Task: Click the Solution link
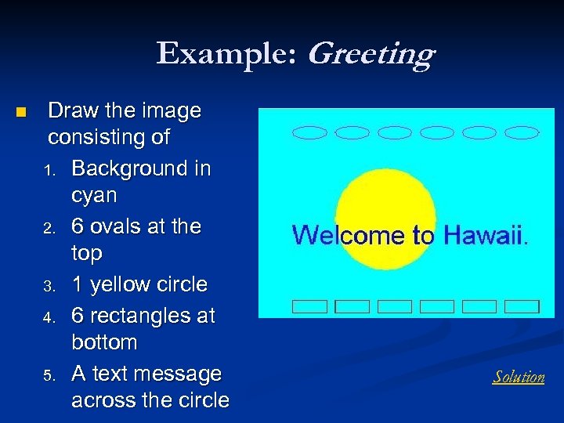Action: click(x=519, y=377)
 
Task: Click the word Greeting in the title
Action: click(x=371, y=54)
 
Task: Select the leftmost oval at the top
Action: click(x=309, y=132)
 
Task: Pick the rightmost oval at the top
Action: click(x=522, y=132)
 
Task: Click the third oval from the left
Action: click(x=394, y=132)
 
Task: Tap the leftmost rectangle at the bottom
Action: click(x=309, y=306)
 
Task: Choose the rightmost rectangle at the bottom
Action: click(x=522, y=306)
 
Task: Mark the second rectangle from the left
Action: click(x=352, y=306)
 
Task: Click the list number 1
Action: click(x=50, y=170)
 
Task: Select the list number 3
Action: click(x=50, y=286)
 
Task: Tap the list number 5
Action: click(x=50, y=375)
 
